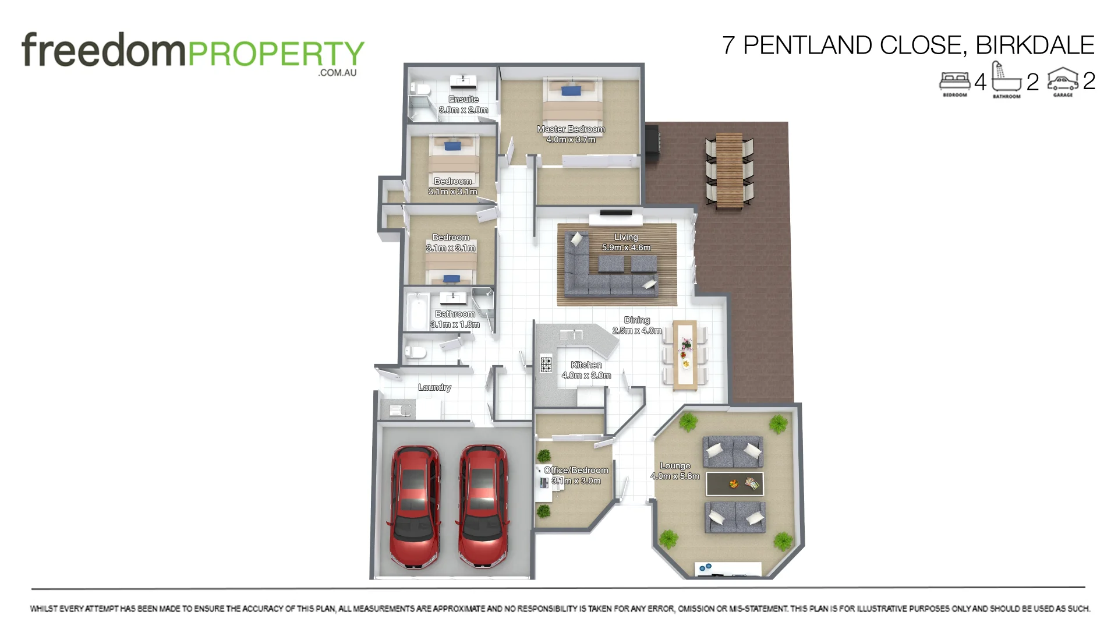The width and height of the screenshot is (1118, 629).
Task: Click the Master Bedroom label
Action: pos(571,129)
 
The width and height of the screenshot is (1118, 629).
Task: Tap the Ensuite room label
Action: pos(464,100)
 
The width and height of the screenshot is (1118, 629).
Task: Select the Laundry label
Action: pos(434,387)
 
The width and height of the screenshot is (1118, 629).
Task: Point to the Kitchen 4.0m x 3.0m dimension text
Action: pos(586,376)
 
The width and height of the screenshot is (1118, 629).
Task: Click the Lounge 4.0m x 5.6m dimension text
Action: pos(675,476)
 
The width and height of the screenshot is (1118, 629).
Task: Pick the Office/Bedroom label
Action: pos(576,471)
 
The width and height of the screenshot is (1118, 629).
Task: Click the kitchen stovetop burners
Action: pos(546,363)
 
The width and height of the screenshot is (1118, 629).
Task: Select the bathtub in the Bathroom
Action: pos(417,311)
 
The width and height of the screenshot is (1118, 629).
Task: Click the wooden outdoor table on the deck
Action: pos(730,170)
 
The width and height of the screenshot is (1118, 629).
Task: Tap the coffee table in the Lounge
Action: pos(734,483)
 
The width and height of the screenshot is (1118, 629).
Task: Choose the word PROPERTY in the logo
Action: pos(276,54)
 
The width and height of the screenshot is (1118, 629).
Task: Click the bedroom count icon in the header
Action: pos(954,82)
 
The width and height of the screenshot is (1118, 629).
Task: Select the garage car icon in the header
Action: pos(1063,81)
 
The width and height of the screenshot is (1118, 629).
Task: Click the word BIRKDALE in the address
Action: pos(1035,45)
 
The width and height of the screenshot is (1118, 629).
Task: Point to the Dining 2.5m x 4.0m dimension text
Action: pos(637,331)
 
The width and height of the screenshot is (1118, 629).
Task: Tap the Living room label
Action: pos(626,238)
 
